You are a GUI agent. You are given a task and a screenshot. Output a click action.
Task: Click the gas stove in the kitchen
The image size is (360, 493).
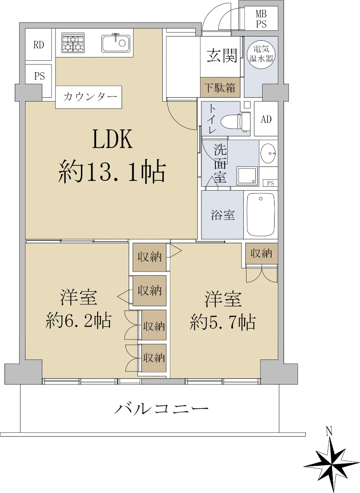(73, 43)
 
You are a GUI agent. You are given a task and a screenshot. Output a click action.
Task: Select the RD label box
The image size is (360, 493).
(39, 45)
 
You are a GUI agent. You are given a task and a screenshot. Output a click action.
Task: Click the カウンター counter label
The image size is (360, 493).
(89, 97)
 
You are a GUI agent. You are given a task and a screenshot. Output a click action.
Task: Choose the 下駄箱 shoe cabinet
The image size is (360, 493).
(220, 88)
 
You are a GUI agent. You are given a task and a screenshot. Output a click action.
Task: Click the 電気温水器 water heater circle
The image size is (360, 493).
(261, 54)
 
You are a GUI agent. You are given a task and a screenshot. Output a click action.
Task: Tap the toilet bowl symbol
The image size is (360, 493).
(235, 122)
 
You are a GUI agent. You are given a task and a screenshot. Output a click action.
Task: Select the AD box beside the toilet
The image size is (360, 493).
(266, 119)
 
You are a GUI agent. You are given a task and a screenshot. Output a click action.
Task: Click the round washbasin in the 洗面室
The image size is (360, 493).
(268, 153)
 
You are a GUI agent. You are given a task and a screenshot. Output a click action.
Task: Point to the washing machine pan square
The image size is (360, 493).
(247, 176)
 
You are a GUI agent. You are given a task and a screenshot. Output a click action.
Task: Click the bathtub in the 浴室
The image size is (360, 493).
(261, 214)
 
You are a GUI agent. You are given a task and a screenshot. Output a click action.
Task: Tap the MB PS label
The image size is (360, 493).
(261, 19)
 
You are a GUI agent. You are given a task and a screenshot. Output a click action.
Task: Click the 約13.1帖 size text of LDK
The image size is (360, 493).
(112, 174)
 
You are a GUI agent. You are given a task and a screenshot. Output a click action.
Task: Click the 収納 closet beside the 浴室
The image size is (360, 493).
(261, 253)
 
